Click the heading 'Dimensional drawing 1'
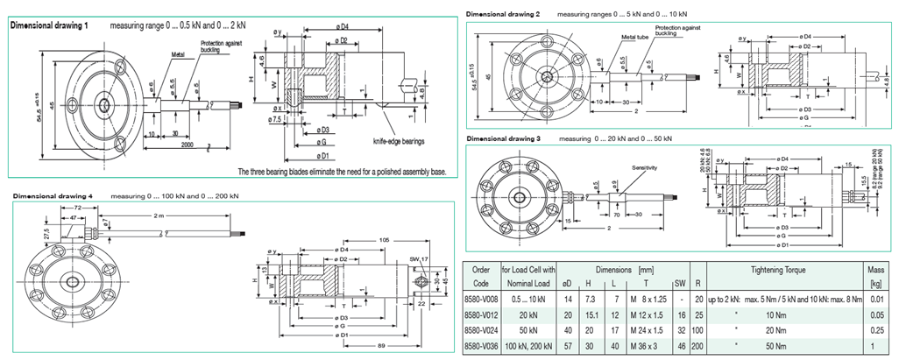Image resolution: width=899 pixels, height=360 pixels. point(49,26)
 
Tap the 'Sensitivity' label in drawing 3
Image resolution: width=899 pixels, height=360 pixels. point(644,166)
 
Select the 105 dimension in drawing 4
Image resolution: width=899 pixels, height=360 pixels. point(383,238)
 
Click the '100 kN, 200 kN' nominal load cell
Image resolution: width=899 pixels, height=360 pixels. point(531,348)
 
